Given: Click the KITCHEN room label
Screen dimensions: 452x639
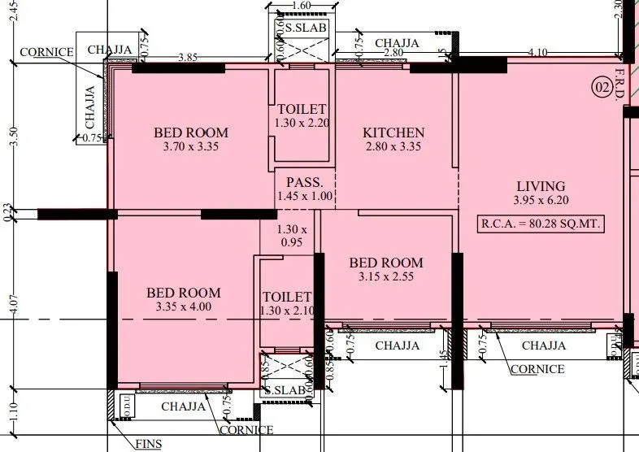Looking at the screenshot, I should coord(393,133).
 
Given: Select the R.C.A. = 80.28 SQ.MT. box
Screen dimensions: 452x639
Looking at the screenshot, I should coord(542,224).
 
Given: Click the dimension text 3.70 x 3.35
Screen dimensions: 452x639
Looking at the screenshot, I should coord(191,147).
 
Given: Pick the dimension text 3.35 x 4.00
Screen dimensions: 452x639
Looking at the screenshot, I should coord(183,307).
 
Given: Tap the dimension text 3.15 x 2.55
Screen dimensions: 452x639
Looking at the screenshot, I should coord(386,277).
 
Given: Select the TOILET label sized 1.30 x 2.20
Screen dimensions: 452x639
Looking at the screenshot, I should coord(302,110).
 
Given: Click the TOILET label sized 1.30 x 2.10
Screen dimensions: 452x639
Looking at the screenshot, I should coord(286,298).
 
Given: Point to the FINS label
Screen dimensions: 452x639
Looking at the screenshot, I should coord(148,444).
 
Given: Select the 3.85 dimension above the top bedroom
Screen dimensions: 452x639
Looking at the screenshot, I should coord(188,58).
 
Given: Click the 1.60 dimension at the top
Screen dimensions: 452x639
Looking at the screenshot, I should coord(301,5).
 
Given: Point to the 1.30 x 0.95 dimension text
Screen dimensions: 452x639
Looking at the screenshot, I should coord(292,236).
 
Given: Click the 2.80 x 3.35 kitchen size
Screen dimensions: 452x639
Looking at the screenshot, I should coord(393,147).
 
